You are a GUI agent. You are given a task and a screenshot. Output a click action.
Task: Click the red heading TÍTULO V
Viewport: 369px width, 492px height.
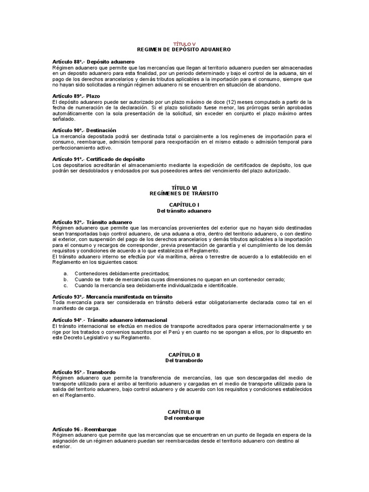point(184,44)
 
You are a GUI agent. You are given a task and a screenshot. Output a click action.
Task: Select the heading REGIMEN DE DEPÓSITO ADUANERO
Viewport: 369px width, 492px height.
point(184,49)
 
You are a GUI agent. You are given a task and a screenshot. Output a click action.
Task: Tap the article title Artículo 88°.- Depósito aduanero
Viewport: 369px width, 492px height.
point(93,62)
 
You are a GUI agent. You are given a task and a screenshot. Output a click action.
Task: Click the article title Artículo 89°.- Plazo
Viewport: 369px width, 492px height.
point(76,96)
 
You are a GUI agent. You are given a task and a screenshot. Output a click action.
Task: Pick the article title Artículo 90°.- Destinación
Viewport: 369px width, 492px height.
point(84,130)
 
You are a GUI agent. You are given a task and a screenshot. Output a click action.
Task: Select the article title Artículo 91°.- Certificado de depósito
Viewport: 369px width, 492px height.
point(98,159)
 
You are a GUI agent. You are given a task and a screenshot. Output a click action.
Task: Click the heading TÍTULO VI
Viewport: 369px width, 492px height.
point(184,187)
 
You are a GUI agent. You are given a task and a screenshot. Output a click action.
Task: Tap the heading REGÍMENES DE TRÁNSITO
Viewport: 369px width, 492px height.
point(184,193)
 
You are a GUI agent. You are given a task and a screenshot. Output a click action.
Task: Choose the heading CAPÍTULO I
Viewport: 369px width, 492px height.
point(184,205)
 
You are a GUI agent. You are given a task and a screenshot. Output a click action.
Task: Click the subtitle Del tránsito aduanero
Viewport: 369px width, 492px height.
point(184,210)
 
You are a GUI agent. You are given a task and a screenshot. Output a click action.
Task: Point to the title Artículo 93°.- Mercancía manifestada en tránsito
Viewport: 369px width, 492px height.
point(112,296)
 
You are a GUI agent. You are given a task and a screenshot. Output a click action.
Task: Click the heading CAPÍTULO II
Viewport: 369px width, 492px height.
point(184,354)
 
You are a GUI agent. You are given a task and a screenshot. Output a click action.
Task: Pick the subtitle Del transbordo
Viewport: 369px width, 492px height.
point(184,360)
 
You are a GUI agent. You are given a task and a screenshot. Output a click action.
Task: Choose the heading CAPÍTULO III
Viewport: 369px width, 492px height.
point(184,412)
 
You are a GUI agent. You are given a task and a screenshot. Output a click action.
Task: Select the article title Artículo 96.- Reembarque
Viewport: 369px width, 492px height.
point(84,429)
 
